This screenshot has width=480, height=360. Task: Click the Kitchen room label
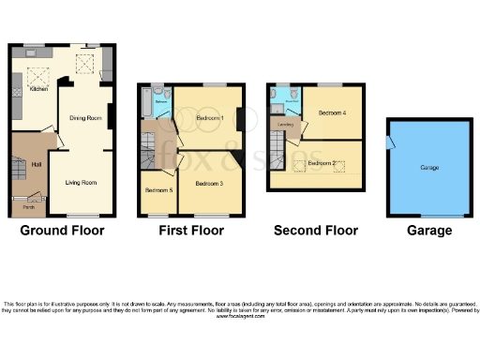click(38, 90)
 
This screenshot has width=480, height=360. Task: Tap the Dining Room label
click(85, 118)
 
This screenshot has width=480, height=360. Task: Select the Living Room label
click(81, 182)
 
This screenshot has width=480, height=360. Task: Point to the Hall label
click(37, 164)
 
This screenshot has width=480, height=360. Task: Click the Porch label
click(29, 206)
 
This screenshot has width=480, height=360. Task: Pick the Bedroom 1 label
click(209, 119)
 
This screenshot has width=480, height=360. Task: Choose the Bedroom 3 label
click(209, 183)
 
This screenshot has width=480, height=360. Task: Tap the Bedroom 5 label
click(157, 190)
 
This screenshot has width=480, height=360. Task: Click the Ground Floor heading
click(62, 230)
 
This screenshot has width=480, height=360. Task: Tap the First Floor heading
click(191, 230)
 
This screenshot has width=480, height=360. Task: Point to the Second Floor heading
click(315, 230)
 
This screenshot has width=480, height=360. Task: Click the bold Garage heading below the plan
click(429, 230)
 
